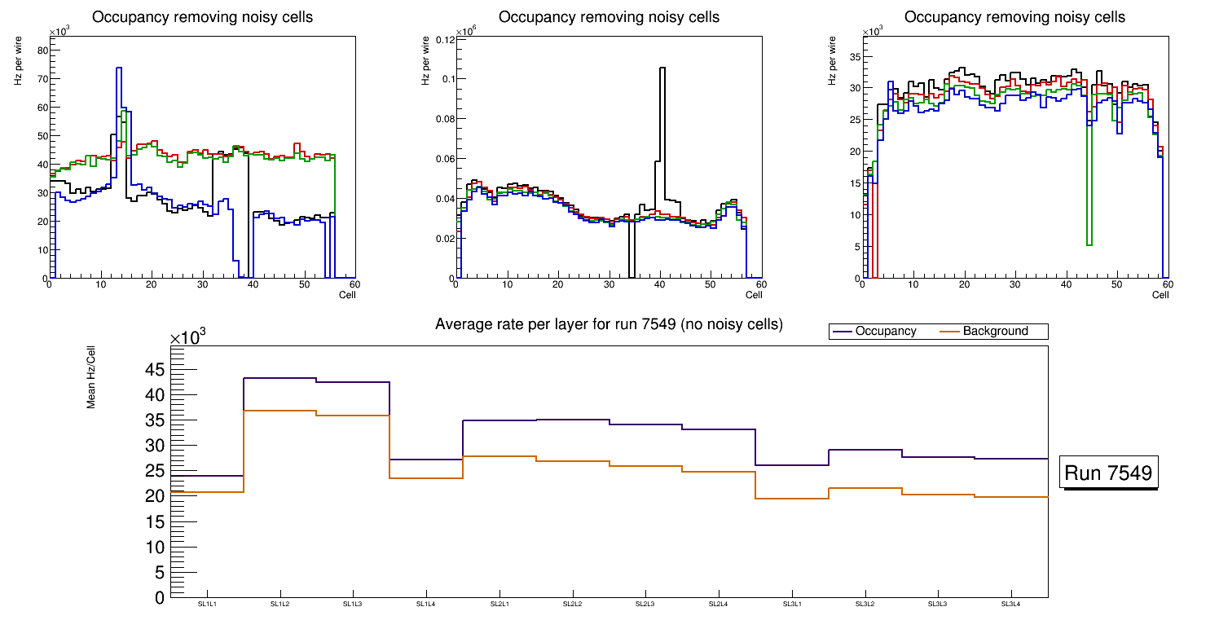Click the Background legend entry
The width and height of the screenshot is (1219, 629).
tap(995, 332)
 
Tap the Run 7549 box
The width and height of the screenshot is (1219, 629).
tap(1107, 473)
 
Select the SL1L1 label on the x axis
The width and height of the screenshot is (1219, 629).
tap(208, 604)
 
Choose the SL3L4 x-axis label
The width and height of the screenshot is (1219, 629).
tap(1011, 604)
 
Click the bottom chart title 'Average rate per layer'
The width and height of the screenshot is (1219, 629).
tap(609, 324)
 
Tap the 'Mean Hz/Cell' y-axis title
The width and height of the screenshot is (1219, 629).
tap(92, 379)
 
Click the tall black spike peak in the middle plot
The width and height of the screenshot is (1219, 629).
tap(662, 69)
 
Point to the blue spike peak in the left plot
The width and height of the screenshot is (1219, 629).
tap(119, 68)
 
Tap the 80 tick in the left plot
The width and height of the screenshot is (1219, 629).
tap(43, 51)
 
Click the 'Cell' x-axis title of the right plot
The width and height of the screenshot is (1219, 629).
tap(1160, 295)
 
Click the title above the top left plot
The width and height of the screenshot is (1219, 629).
tap(202, 17)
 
